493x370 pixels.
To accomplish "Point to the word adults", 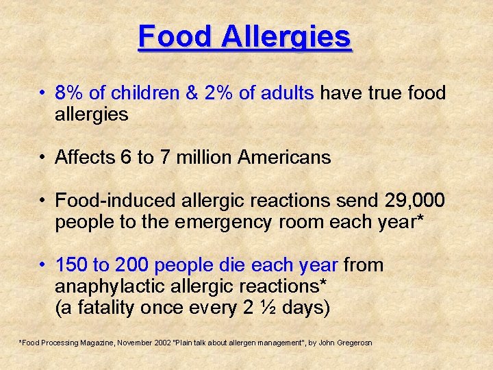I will pos(286,92).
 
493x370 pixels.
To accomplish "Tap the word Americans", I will pos(284,158).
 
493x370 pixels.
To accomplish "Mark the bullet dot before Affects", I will pos(43,158).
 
